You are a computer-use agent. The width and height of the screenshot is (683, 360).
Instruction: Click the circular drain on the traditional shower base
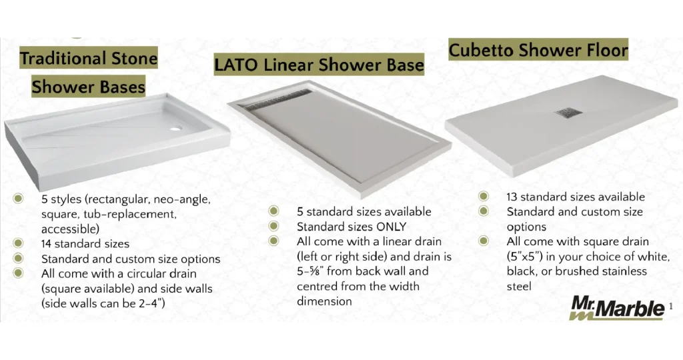(175, 129)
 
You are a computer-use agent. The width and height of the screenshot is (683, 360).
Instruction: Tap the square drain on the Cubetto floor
(568, 113)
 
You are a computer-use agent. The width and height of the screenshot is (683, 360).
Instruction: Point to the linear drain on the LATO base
(277, 99)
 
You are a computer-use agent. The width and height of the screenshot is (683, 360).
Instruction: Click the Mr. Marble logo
(617, 308)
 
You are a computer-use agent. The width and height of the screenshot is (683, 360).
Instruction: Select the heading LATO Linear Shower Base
(319, 65)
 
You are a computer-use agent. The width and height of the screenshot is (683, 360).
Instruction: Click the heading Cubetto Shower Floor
(538, 50)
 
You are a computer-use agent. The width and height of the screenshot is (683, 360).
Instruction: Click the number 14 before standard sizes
(46, 244)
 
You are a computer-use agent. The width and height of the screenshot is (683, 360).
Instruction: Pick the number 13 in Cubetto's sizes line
(512, 197)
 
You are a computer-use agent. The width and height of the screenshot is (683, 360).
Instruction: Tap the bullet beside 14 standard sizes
(18, 243)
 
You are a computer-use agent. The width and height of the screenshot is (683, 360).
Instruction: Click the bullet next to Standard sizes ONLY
(273, 227)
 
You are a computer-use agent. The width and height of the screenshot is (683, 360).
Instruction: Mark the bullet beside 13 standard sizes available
(484, 196)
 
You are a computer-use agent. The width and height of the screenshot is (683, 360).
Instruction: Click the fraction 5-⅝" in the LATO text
(310, 271)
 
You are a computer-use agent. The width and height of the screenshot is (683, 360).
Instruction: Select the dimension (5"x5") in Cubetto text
(524, 257)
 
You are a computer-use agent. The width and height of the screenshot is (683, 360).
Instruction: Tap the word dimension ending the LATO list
(324, 301)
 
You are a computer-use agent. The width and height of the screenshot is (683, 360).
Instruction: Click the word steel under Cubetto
(519, 287)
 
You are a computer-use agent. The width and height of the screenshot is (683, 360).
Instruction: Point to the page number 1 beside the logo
(671, 307)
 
